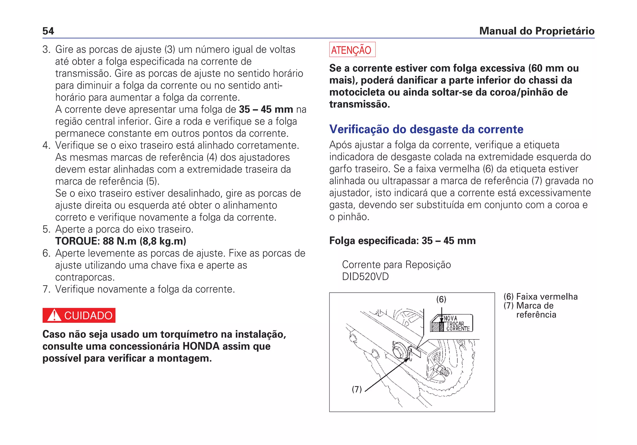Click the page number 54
(48, 31)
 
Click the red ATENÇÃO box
(352, 50)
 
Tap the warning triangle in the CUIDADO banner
(55, 315)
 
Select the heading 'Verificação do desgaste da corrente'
(426, 129)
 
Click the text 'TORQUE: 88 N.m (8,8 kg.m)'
(121, 241)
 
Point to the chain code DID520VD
(365, 277)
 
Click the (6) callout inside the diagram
(441, 299)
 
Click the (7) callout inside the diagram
(356, 389)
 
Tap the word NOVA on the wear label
(450, 318)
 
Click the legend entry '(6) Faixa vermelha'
(541, 297)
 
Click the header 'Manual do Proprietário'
(537, 31)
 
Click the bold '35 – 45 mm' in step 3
(266, 109)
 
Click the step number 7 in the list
(46, 289)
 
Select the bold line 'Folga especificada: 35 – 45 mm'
(402, 241)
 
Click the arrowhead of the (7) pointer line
(408, 359)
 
